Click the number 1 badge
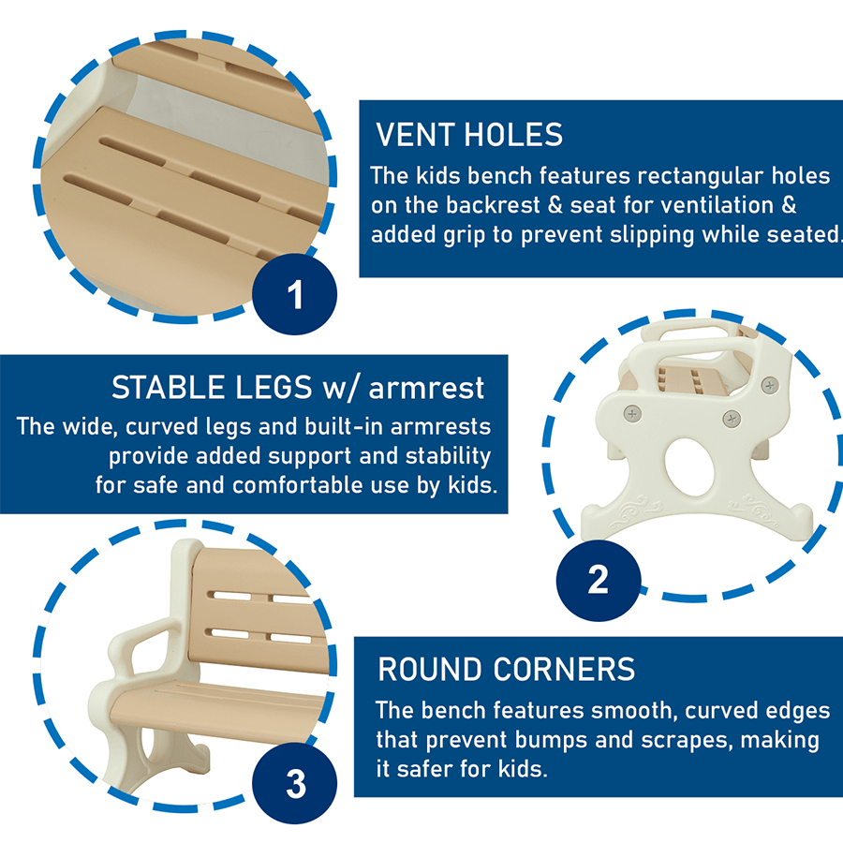295,294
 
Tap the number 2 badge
599,580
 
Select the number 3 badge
295,783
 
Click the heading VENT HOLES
469,134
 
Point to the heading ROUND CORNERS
506,670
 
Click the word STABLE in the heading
168,387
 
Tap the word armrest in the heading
426,388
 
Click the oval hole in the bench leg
689,466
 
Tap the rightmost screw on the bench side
770,385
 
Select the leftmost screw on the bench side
632,414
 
